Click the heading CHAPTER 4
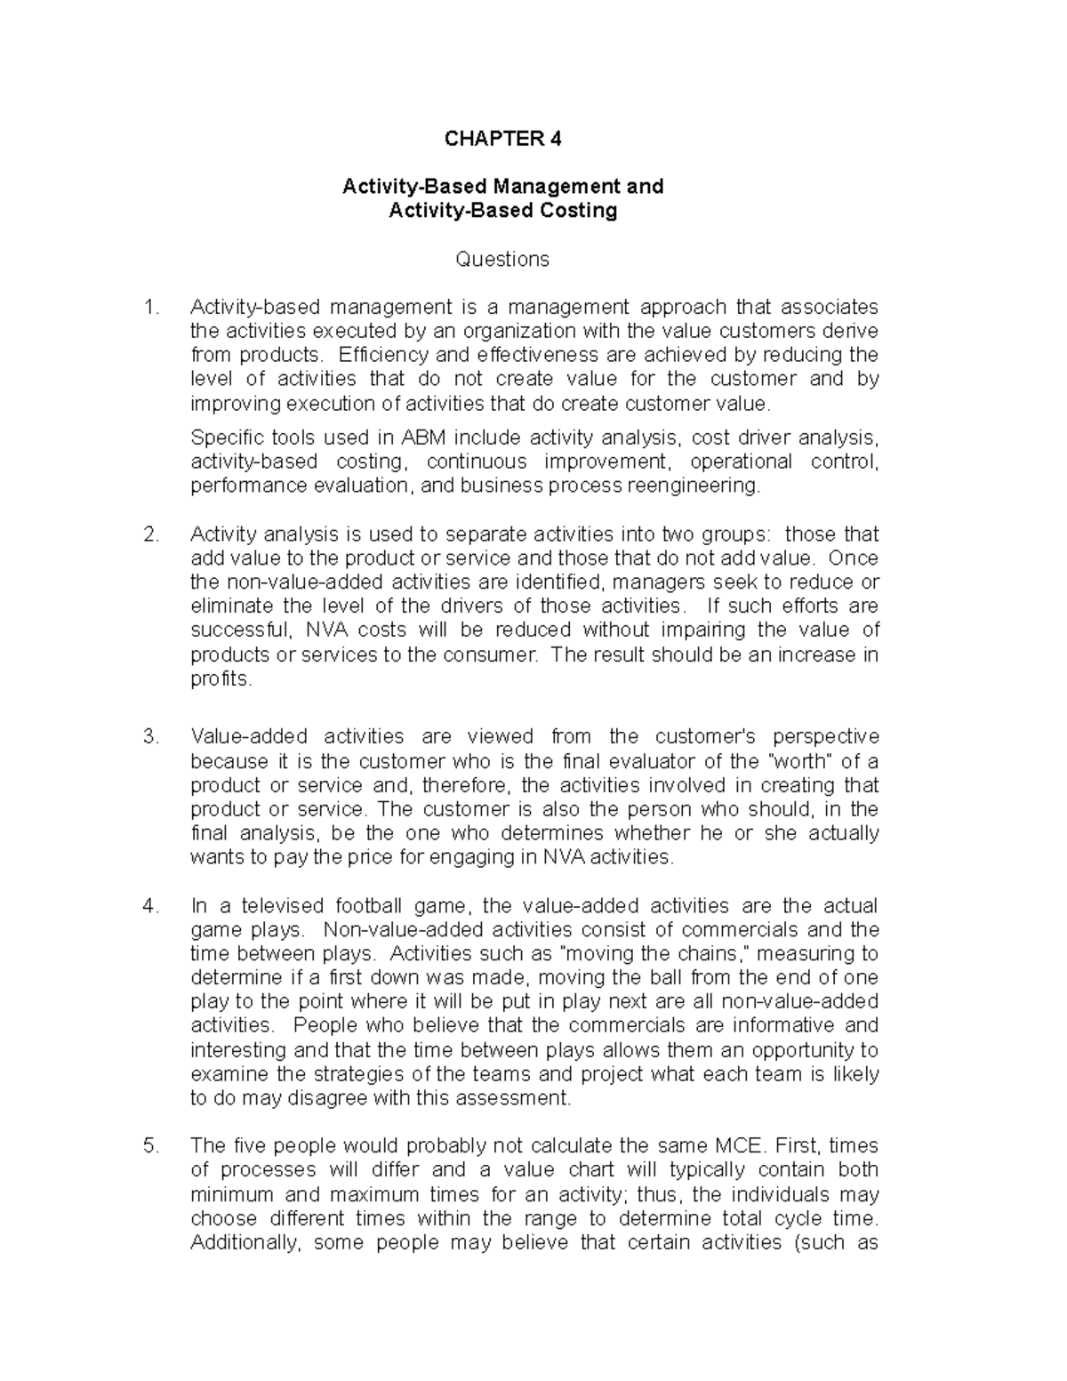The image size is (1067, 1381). tap(503, 139)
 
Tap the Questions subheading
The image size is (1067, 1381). tap(502, 259)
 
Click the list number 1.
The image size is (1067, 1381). tap(151, 308)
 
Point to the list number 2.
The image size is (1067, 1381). tap(151, 534)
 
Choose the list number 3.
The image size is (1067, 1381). tap(151, 737)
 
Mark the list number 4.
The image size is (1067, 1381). tap(151, 906)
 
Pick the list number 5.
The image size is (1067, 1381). tap(151, 1146)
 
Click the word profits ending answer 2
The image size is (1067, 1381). tap(221, 680)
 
